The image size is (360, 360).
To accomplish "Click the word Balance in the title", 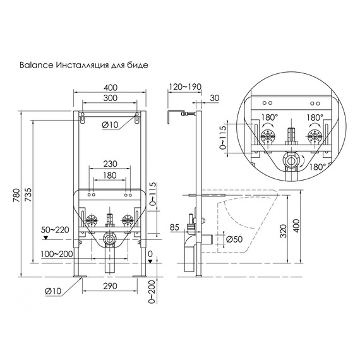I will coord(35,64).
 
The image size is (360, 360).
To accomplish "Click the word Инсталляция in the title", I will coord(80,64).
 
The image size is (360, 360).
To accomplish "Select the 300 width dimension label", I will coord(110,99).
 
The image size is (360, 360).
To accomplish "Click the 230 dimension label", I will coord(110,163).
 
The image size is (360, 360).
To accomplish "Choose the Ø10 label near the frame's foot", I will coord(52,291).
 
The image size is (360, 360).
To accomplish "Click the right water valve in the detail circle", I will coord(314,138).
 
